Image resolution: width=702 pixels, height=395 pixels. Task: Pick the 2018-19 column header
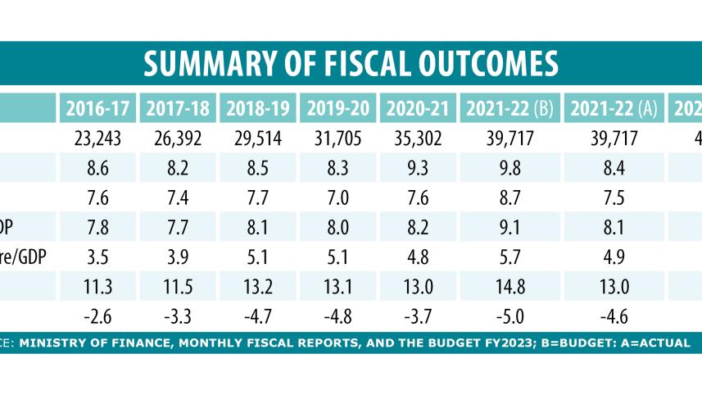tap(257, 108)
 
